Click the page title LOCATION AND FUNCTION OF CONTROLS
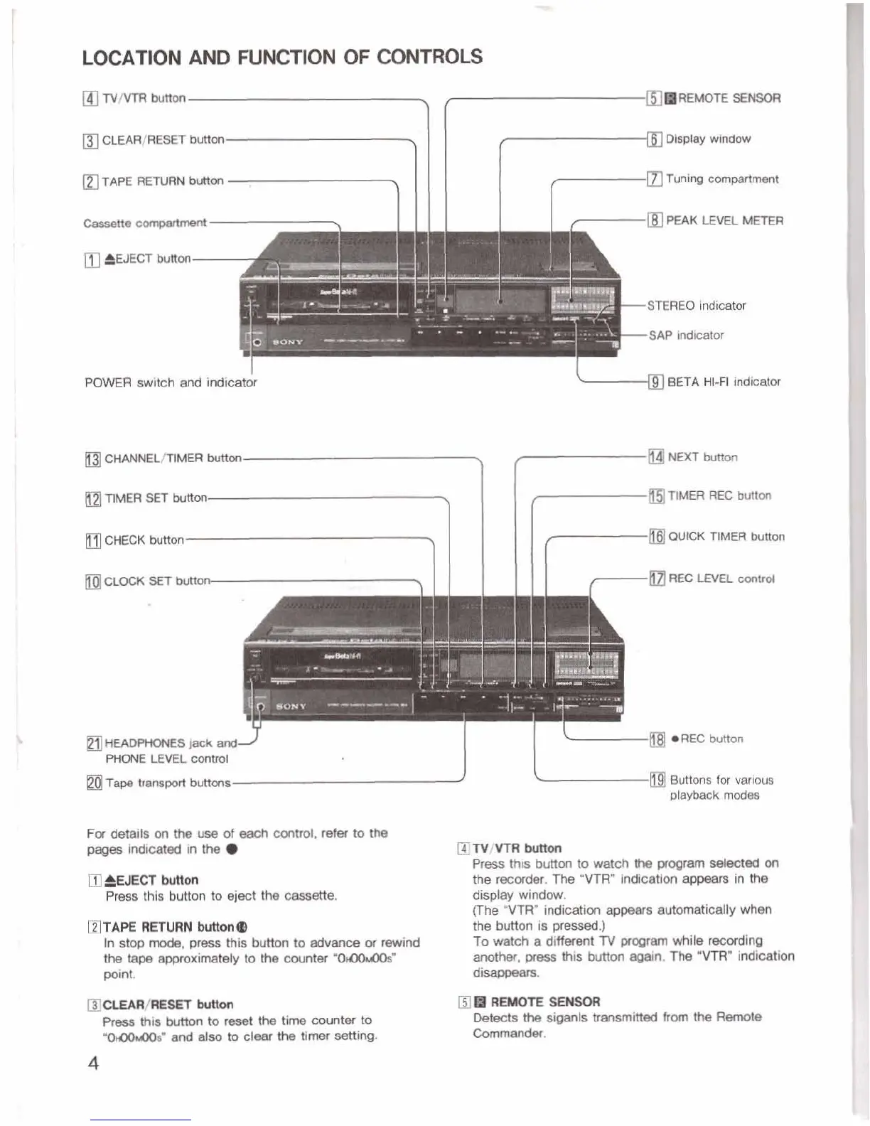point(282,57)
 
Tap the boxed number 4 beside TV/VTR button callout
point(90,99)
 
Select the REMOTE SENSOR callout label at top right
point(729,98)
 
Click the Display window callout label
point(708,139)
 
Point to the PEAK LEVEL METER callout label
point(724,220)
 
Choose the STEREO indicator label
point(696,306)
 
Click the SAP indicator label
point(686,335)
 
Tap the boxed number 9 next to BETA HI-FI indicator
point(656,382)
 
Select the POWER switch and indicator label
point(171,382)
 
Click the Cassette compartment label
point(145,223)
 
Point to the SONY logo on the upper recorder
point(288,342)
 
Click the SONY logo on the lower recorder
point(291,707)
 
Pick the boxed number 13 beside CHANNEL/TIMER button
point(93,459)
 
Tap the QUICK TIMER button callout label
point(726,537)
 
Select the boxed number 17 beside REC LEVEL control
point(657,579)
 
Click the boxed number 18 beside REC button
point(657,740)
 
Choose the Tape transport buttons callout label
point(168,783)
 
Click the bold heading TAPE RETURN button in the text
point(168,927)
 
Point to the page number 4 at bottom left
point(93,1063)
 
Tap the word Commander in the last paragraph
point(508,1033)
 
